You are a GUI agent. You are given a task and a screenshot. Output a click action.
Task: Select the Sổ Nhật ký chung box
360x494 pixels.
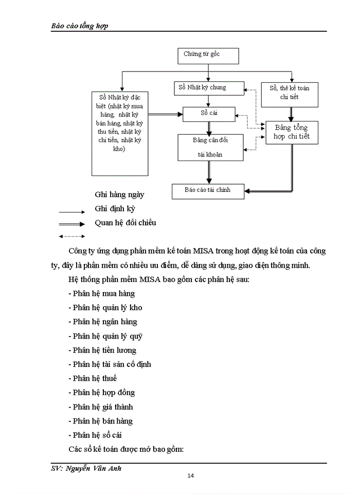[x=208, y=88]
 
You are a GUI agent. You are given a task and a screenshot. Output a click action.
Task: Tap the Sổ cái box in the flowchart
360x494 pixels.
[x=209, y=113]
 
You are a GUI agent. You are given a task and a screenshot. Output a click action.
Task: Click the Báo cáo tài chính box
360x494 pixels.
[x=208, y=190]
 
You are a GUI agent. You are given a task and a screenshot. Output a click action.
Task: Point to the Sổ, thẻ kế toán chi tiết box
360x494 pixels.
[x=290, y=92]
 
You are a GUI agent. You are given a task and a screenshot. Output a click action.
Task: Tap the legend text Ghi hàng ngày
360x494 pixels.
[x=119, y=195]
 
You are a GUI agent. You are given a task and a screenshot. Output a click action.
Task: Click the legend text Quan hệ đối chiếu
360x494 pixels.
[x=125, y=223]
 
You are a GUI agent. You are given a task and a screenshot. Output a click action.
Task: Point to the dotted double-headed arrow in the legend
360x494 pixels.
[x=71, y=237]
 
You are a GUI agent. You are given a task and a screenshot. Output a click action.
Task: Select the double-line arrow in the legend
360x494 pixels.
[x=71, y=224]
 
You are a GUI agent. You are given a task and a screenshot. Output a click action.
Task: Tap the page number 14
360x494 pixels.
[x=190, y=475]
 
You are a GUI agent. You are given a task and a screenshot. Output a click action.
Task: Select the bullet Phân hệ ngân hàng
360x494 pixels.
[x=102, y=322]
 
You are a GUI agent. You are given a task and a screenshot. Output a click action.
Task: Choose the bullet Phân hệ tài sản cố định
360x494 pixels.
[x=110, y=364]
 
